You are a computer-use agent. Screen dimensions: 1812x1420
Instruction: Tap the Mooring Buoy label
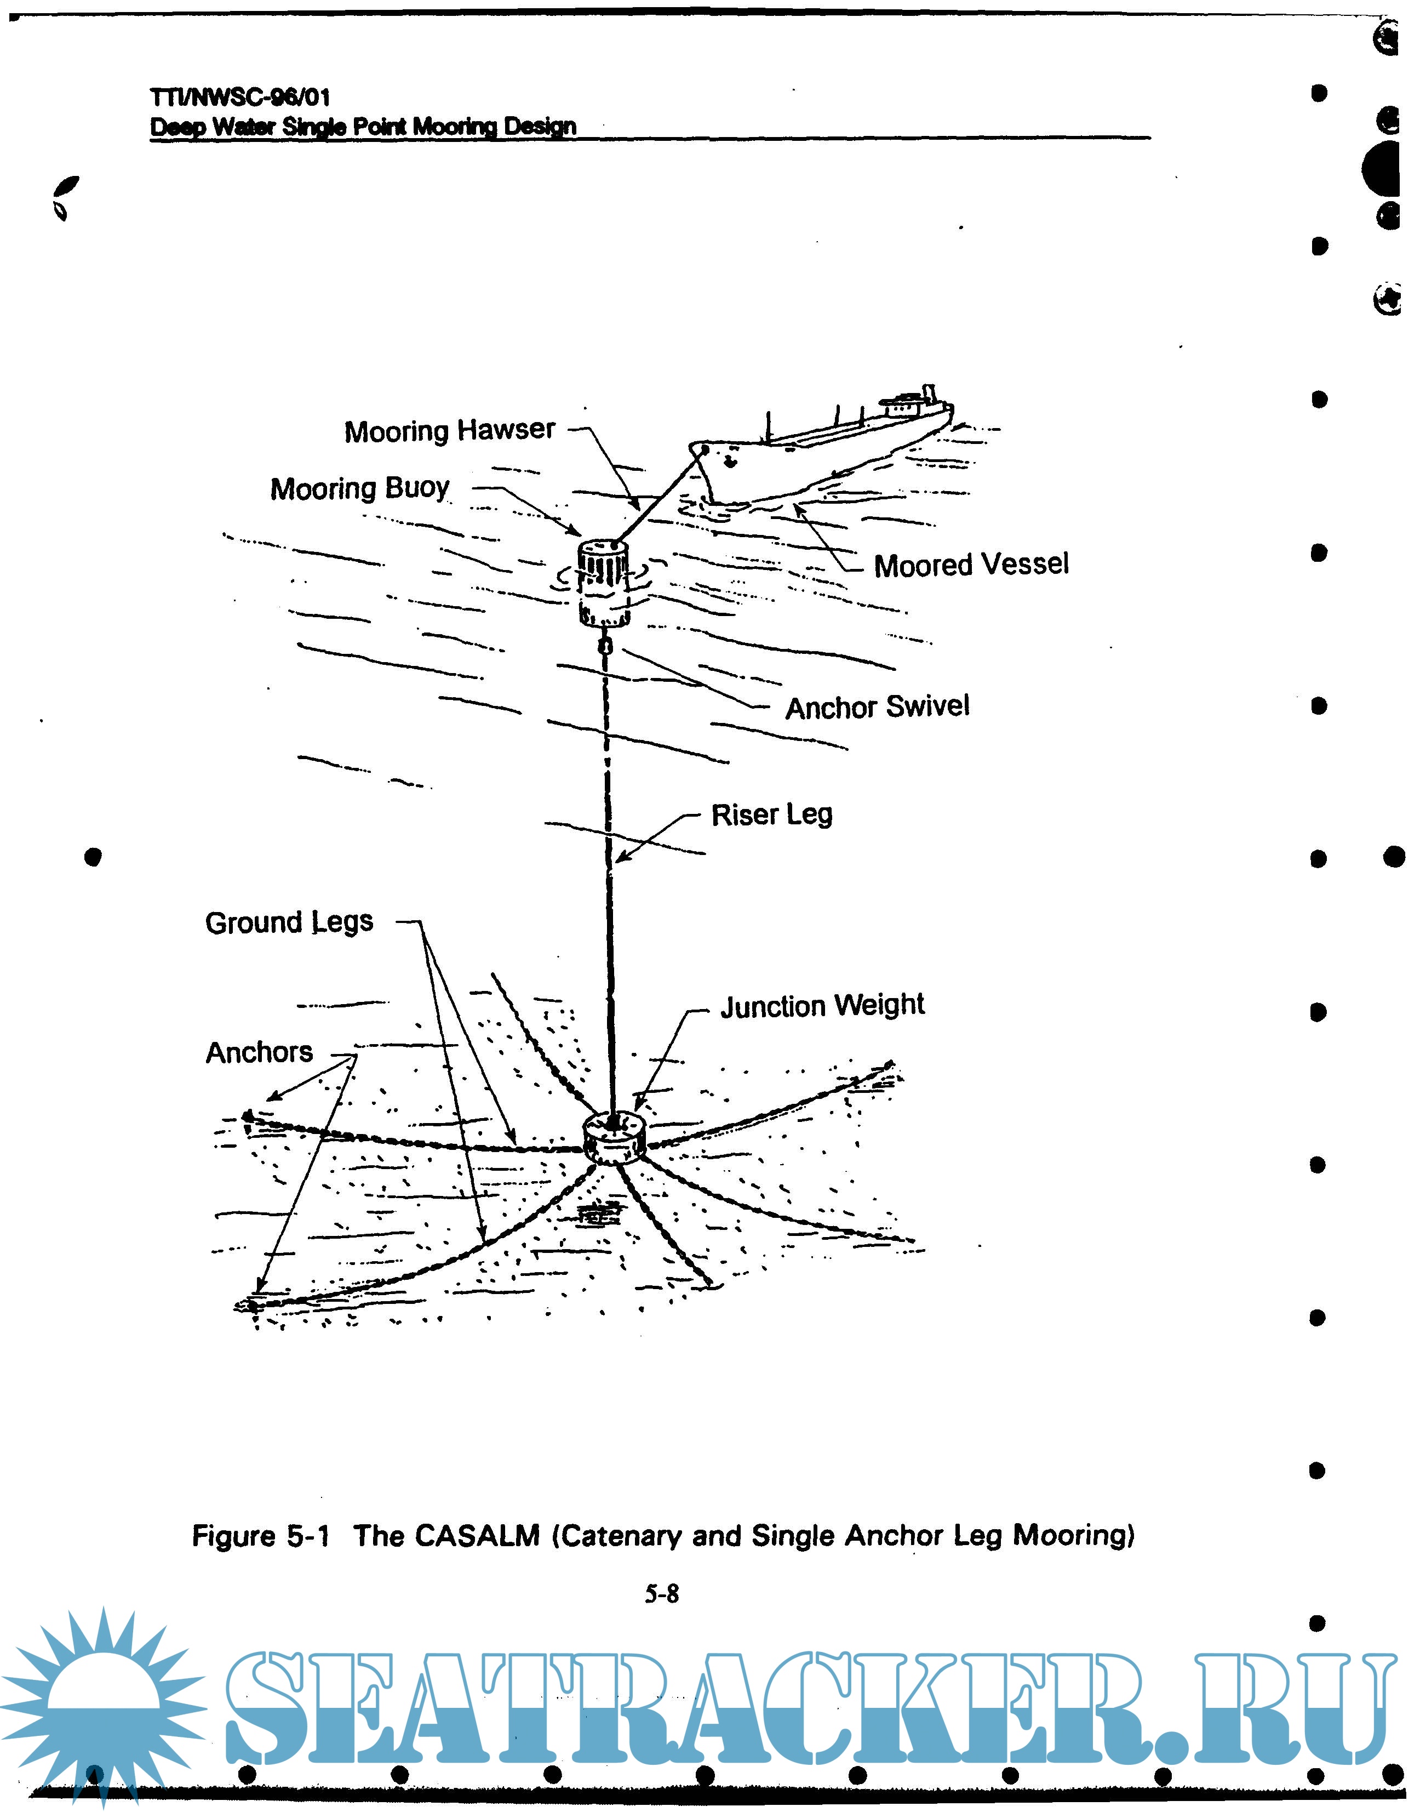tap(359, 488)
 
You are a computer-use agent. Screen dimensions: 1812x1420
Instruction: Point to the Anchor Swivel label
tap(877, 707)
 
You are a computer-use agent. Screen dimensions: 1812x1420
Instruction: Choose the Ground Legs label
tap(289, 922)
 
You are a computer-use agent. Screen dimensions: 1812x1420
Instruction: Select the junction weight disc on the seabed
tap(614, 1139)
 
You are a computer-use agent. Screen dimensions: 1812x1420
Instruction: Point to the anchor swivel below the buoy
tap(606, 645)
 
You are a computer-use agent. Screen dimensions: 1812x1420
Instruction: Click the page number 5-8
tap(662, 1593)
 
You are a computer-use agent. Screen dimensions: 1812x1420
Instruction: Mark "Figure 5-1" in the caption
tap(260, 1535)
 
